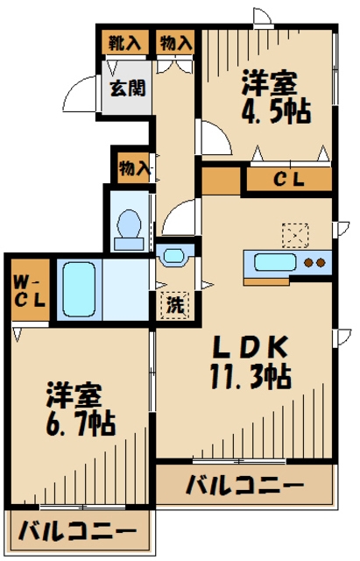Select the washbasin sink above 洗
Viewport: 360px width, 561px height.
click(175, 256)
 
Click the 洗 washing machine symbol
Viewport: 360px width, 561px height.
click(176, 307)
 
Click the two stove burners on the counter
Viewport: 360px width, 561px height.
click(314, 261)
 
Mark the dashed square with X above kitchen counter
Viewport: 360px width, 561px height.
click(294, 234)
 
